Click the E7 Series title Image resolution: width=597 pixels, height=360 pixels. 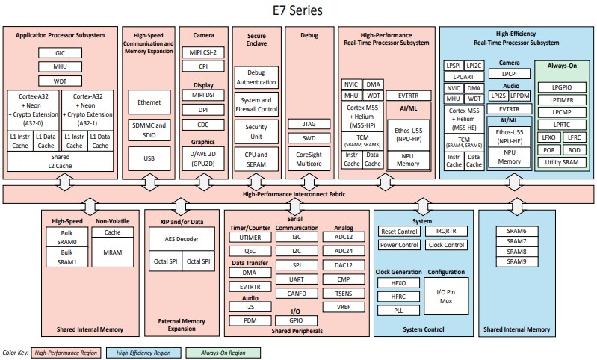[x=298, y=11]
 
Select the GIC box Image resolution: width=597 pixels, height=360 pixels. [x=60, y=53]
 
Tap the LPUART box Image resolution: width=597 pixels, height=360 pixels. [x=463, y=76]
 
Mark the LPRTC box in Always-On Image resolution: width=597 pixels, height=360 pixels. [x=561, y=125]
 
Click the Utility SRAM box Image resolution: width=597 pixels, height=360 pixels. [x=561, y=161]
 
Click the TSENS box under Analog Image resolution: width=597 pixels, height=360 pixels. [x=344, y=294]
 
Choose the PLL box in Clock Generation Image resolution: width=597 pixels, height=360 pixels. [x=399, y=310]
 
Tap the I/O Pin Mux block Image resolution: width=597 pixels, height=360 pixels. [x=445, y=295]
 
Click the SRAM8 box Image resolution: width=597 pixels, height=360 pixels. [x=516, y=252]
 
